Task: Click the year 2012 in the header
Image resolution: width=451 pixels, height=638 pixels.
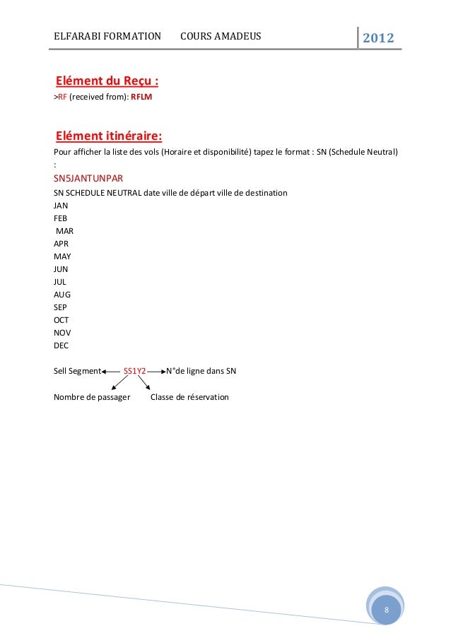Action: click(378, 37)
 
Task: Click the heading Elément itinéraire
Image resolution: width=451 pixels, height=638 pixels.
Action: click(109, 136)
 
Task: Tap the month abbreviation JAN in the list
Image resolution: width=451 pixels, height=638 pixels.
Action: click(61, 206)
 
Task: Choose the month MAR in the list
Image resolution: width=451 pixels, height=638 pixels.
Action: click(64, 231)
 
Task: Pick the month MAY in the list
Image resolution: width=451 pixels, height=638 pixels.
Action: click(62, 256)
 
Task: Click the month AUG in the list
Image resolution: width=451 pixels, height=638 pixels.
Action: click(62, 295)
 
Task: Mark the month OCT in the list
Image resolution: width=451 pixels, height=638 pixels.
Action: click(61, 320)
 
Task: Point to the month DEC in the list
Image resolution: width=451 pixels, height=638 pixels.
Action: click(61, 345)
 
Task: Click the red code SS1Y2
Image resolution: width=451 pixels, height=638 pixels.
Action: click(135, 371)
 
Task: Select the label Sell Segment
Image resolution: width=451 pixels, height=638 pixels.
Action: click(77, 371)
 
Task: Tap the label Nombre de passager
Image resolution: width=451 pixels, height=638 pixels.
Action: click(92, 397)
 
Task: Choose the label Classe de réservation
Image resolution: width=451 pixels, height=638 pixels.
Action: click(189, 397)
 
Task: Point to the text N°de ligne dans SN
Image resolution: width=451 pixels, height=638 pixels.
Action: click(201, 371)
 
